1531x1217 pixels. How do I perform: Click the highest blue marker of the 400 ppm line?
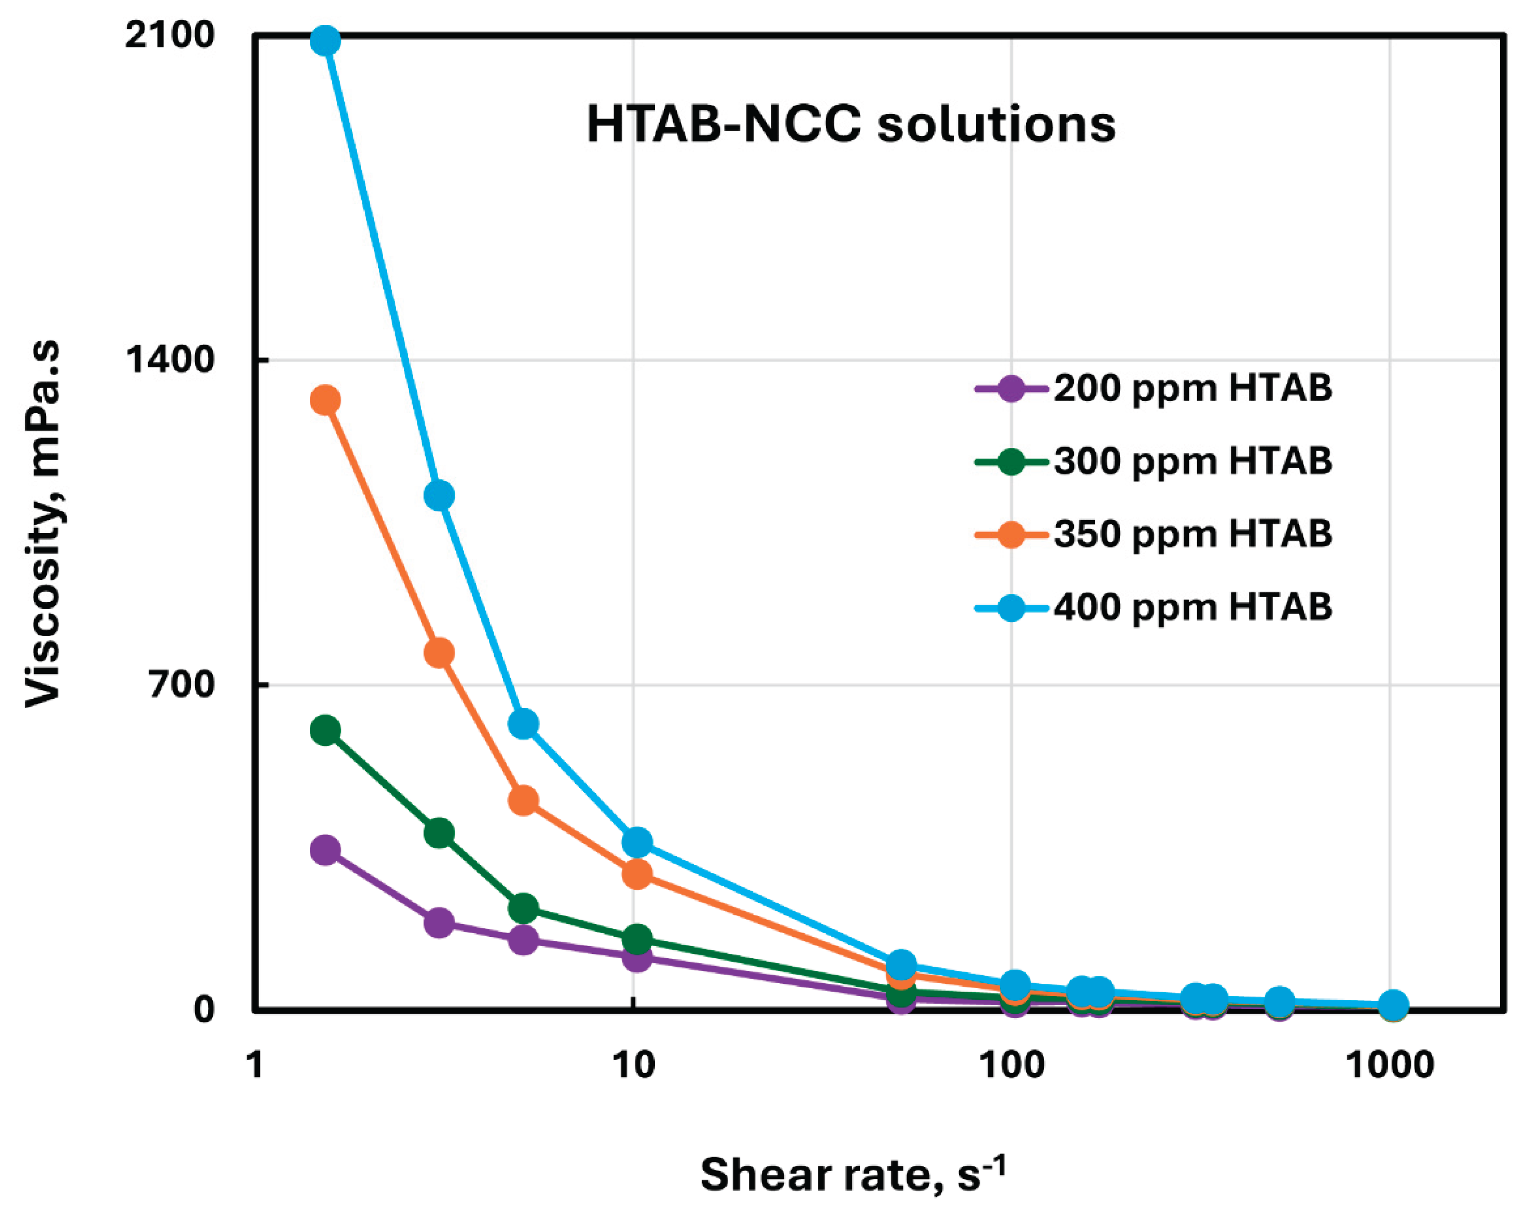325,41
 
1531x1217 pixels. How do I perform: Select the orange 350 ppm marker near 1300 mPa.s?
325,401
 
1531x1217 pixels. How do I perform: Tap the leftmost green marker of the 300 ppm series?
325,730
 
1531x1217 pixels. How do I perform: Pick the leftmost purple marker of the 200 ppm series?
325,850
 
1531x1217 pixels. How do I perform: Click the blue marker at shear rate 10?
637,842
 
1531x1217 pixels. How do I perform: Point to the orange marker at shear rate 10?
637,874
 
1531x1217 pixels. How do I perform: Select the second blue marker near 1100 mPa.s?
439,495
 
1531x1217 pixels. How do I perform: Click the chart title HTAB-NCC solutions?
851,125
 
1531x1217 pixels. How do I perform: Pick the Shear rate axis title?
852,1174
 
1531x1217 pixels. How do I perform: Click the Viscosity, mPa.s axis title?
44,524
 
